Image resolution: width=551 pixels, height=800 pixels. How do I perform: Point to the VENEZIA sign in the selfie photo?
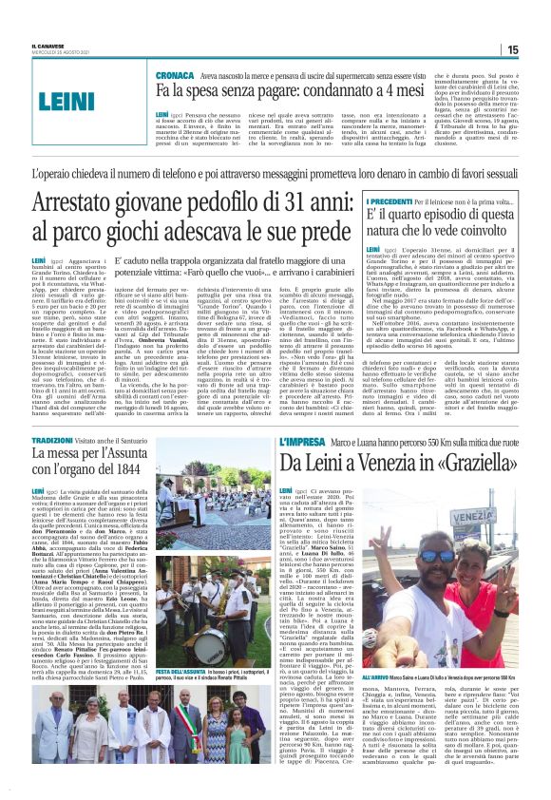pyautogui.click(x=447, y=524)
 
